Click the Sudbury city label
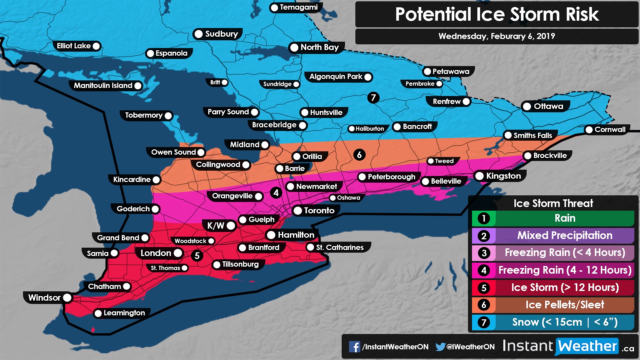point(221,34)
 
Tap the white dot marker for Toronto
point(298,211)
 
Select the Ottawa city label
point(548,106)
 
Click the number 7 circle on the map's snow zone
point(373,98)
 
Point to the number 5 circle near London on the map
point(197,256)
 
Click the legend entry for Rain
point(565,218)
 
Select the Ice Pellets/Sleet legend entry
point(565,305)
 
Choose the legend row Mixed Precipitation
point(565,236)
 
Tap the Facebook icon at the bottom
point(354,347)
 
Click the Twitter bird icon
point(440,347)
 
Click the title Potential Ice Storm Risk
point(497,14)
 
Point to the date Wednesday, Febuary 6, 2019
point(497,36)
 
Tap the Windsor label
point(44,298)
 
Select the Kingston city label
point(503,176)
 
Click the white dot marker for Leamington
point(98,313)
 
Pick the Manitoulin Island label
point(103,86)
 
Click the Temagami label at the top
point(298,7)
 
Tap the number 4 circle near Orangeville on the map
point(276,193)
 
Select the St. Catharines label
point(339,247)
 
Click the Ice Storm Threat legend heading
point(553,203)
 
